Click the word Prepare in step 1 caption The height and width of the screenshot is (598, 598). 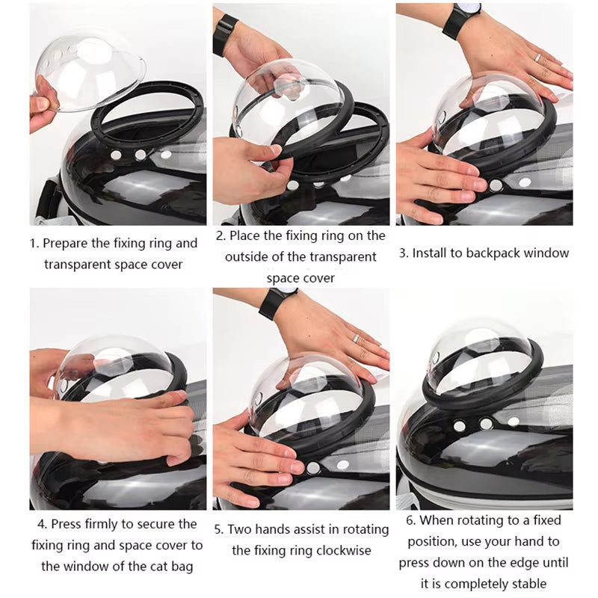(x=67, y=243)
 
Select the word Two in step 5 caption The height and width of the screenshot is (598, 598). (x=243, y=529)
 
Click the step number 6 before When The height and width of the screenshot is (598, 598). (x=410, y=520)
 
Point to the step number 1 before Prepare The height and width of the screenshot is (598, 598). (x=34, y=243)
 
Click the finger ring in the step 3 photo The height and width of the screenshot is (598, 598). (x=537, y=57)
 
